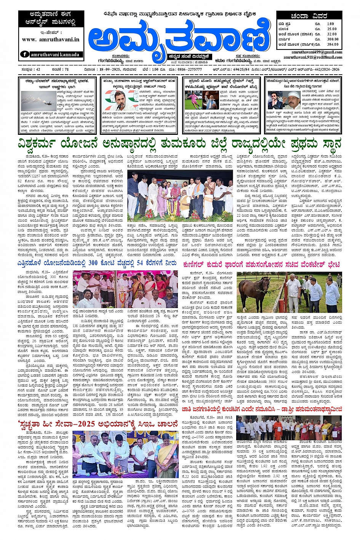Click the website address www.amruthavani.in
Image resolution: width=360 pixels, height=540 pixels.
click(x=50, y=40)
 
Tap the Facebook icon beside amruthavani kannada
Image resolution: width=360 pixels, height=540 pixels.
click(x=25, y=54)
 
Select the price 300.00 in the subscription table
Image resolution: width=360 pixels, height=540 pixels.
click(x=332, y=39)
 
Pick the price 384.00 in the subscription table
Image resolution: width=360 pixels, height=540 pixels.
click(x=332, y=45)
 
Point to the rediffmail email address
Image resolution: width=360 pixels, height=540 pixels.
click(x=313, y=57)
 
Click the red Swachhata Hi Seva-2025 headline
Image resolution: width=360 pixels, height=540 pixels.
click(x=98, y=424)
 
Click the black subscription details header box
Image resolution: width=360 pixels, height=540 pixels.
click(x=309, y=16)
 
